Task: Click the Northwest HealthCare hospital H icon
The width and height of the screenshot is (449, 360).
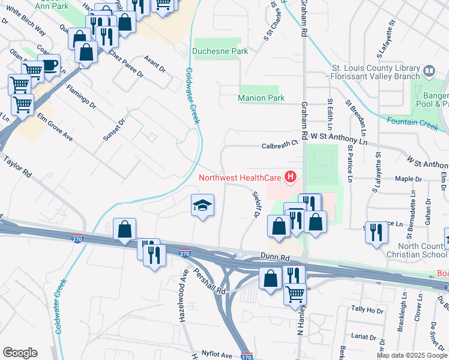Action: pyautogui.click(x=291, y=177)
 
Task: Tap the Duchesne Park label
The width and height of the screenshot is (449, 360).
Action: pyautogui.click(x=221, y=52)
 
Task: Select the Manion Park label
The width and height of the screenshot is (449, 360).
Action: pyautogui.click(x=261, y=98)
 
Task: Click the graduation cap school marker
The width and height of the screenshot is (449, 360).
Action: pyautogui.click(x=203, y=206)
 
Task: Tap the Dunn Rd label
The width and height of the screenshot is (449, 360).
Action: pyautogui.click(x=275, y=257)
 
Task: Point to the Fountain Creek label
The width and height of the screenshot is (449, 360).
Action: pyautogui.click(x=413, y=122)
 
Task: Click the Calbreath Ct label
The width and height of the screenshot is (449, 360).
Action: pyautogui.click(x=280, y=144)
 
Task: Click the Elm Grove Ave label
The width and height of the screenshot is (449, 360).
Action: pyautogui.click(x=55, y=127)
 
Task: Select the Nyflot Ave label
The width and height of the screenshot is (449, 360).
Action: pyautogui.click(x=216, y=355)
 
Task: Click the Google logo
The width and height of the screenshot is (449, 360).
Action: pyautogui.click(x=20, y=353)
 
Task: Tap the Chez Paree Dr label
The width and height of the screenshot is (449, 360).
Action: pyautogui.click(x=126, y=64)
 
